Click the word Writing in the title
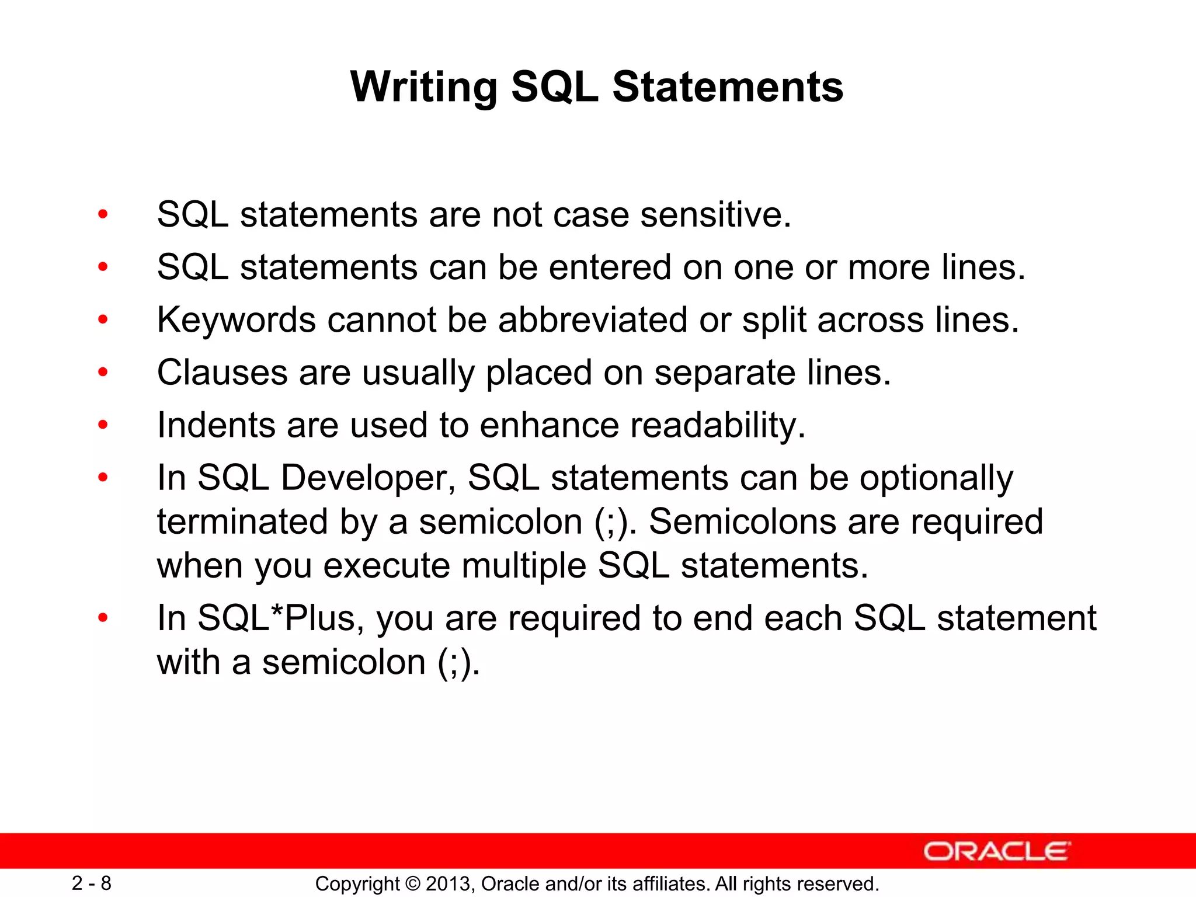(423, 88)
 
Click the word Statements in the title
(727, 88)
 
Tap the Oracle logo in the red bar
(996, 851)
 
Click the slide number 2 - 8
(92, 883)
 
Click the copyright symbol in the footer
(412, 884)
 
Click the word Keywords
(236, 321)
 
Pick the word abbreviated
(593, 320)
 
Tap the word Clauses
(222, 373)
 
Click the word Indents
(215, 425)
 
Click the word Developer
(368, 478)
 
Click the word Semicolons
(742, 521)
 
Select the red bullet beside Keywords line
(103, 319)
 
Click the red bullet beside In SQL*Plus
(103, 618)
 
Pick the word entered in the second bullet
(610, 267)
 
